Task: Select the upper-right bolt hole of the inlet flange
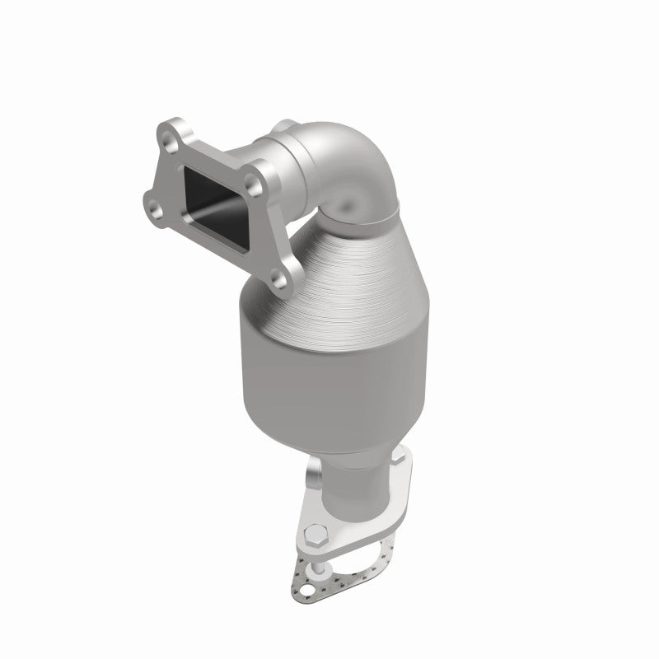coord(264,173)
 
